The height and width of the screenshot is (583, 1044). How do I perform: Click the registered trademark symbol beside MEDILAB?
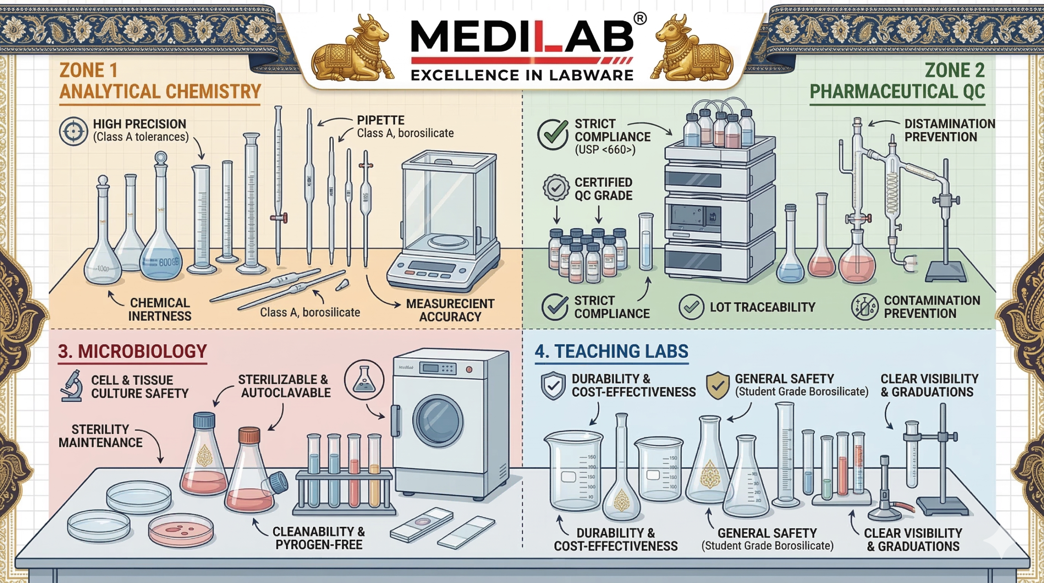(640, 18)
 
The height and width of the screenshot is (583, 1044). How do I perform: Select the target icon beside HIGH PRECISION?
(73, 131)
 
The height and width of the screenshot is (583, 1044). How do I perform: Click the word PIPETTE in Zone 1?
(380, 120)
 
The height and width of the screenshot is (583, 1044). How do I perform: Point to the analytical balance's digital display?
(432, 267)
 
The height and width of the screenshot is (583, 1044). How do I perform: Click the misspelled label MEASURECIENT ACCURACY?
(450, 310)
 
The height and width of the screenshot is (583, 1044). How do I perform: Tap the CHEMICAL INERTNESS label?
(159, 309)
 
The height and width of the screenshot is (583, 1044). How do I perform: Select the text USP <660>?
(605, 150)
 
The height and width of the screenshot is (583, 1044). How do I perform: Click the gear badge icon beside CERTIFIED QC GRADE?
(556, 188)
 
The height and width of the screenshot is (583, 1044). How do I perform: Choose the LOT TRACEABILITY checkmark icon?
(691, 307)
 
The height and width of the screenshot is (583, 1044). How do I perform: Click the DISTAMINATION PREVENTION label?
(949, 130)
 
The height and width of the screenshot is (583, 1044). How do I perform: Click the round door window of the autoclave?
(438, 420)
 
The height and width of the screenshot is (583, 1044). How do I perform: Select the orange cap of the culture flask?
(249, 435)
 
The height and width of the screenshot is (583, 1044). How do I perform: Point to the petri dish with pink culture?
(181, 530)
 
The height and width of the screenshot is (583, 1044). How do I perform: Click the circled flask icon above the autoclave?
(364, 380)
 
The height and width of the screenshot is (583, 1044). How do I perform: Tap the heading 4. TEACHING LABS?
(611, 351)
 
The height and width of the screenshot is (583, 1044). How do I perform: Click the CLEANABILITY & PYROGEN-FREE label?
(319, 538)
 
